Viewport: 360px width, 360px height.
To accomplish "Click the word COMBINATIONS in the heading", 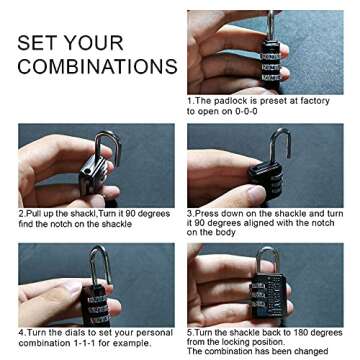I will (97, 68).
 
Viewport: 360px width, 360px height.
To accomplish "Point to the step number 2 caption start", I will (21, 213).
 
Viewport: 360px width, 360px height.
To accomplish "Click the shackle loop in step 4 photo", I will (98, 262).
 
